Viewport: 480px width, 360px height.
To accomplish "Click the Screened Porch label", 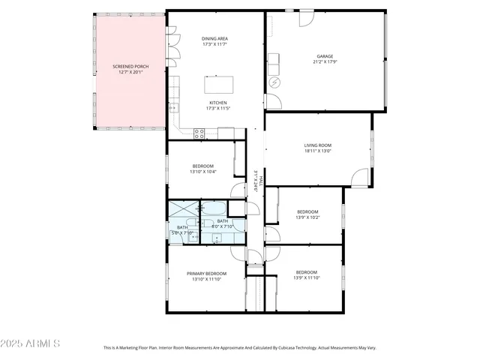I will (127, 67).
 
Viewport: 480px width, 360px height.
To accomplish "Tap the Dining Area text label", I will (214, 39).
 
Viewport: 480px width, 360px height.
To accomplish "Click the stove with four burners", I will (199, 133).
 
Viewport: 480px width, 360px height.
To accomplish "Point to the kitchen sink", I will (173, 107).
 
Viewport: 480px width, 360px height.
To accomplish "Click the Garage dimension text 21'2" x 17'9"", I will (324, 61).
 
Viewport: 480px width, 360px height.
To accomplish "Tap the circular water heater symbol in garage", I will (274, 82).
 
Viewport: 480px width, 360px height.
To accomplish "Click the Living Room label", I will (317, 145).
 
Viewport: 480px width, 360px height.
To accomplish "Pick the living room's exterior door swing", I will (361, 178).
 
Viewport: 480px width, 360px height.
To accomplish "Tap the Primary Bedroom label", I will (206, 274).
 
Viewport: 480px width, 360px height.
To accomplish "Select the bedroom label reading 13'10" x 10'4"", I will (203, 172).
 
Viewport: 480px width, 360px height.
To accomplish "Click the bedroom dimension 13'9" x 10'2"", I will (307, 217).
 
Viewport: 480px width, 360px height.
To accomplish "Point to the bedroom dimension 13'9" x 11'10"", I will (306, 277).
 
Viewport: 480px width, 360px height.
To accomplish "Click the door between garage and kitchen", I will (272, 101).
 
